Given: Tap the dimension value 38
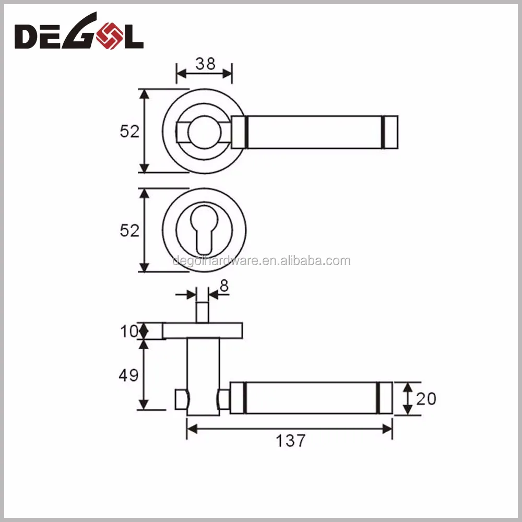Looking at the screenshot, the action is coord(205,64).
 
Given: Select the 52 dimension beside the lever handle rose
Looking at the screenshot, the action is coord(129,131).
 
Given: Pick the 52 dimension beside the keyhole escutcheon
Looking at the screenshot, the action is coord(129,230).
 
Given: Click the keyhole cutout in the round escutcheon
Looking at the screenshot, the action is coord(204,230).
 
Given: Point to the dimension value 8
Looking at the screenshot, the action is coord(224,286).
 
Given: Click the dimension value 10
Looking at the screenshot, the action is coord(129,331).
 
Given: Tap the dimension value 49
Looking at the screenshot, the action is coord(128,375).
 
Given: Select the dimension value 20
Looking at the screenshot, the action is coord(426,399).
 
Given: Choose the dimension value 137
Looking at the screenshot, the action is coord(290,441).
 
